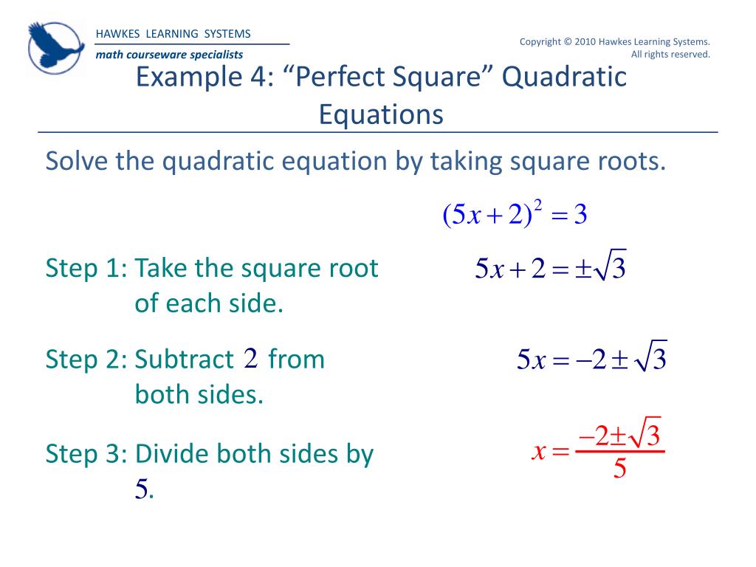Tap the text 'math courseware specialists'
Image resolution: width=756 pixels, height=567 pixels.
[x=169, y=55]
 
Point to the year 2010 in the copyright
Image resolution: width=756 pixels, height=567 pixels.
[x=588, y=41]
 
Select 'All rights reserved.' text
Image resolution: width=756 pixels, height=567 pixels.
[x=670, y=54]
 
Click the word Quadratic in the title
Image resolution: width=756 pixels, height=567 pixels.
[x=566, y=77]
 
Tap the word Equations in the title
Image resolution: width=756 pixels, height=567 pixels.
[x=381, y=114]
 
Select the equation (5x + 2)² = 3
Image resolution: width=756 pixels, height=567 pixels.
[x=515, y=215]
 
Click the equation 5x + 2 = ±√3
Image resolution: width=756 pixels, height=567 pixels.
[x=551, y=269]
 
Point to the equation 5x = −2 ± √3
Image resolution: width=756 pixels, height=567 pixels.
[x=591, y=360]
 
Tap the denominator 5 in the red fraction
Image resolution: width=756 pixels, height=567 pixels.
[x=620, y=469]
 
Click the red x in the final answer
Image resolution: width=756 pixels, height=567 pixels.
[x=539, y=450]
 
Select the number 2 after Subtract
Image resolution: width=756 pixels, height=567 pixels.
[x=250, y=360]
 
